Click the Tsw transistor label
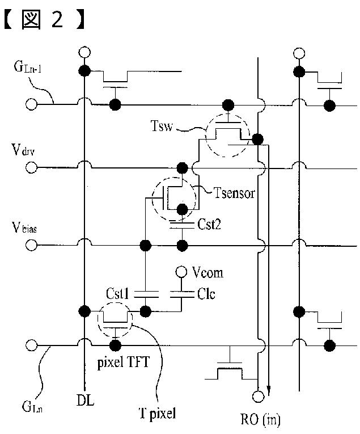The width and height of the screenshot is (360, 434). click(x=162, y=125)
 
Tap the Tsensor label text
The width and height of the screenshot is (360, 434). click(x=234, y=193)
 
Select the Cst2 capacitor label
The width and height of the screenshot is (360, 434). click(x=209, y=224)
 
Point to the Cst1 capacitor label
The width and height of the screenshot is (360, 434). click(x=117, y=294)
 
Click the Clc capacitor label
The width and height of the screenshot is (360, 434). click(x=206, y=294)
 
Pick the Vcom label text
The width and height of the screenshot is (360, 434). click(x=207, y=273)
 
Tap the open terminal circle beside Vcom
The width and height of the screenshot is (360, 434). click(x=181, y=272)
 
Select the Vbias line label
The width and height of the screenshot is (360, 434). click(x=24, y=228)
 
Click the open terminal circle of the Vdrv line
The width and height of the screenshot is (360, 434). click(x=31, y=167)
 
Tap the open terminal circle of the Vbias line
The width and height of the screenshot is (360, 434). click(x=31, y=245)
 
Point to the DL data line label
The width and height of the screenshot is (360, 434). click(x=85, y=400)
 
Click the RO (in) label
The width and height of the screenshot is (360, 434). click(x=260, y=419)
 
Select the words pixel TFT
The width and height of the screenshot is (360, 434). click(x=124, y=362)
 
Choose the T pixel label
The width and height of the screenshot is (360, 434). click(x=157, y=414)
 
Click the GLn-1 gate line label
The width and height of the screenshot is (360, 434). click(x=27, y=67)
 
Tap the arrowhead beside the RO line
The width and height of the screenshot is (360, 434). click(x=268, y=391)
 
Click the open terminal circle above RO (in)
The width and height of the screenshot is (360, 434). click(x=259, y=397)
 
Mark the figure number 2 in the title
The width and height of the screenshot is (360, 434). click(x=57, y=19)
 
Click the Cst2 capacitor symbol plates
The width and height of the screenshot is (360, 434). click(x=182, y=225)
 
